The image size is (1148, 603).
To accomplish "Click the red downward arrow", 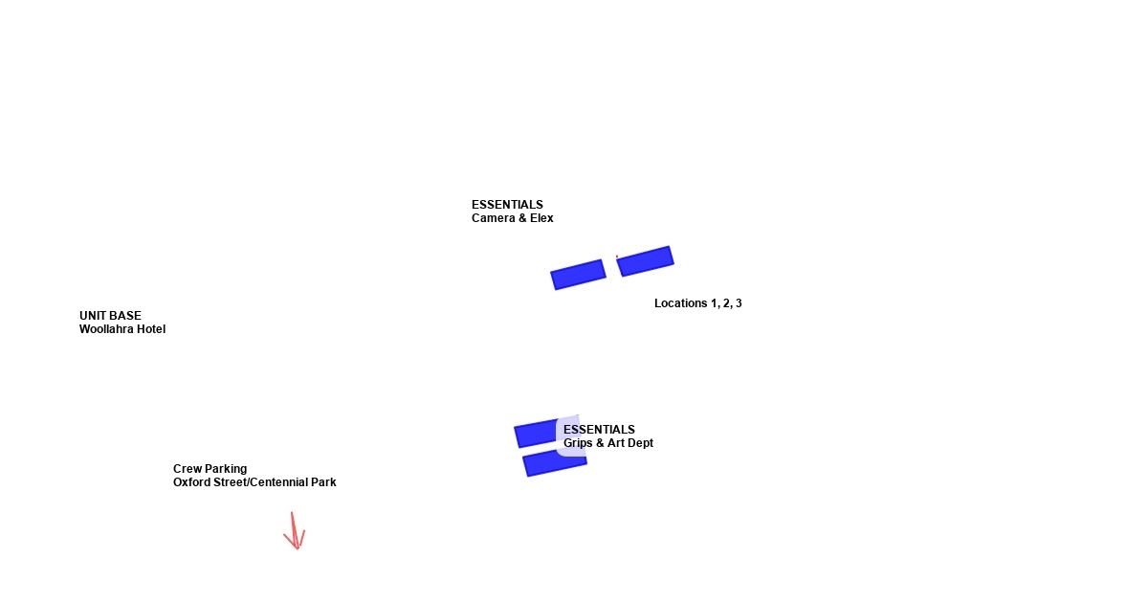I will [296, 532].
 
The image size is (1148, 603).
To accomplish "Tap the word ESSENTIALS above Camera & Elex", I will [507, 205].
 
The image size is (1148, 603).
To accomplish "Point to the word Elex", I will [541, 218].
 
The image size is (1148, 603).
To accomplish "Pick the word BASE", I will [127, 316].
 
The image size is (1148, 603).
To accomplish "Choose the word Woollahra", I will [107, 329].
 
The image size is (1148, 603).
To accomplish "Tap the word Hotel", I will [151, 329].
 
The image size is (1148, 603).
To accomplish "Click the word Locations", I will [680, 303].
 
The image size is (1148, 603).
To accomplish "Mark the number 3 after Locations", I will [738, 303].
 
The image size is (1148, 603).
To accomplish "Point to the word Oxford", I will [191, 482].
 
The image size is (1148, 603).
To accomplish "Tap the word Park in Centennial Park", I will [323, 482].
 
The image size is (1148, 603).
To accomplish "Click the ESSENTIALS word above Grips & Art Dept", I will [599, 430].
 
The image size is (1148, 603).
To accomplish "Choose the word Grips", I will [579, 443].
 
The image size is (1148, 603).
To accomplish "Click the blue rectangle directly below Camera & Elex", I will [579, 274].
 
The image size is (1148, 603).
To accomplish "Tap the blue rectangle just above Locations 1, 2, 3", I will [645, 260].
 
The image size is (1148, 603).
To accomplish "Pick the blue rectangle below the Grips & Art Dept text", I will [555, 463].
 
